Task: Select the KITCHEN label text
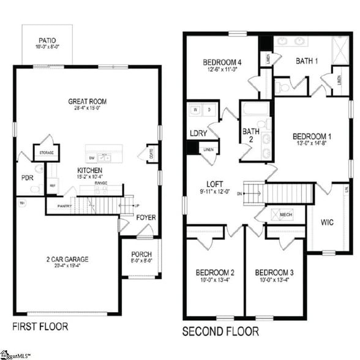[x=89, y=170]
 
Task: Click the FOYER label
[x=146, y=217]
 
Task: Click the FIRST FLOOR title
[x=40, y=326]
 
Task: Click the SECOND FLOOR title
[x=221, y=331]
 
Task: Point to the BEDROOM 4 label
[x=222, y=62]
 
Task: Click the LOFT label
[x=215, y=183]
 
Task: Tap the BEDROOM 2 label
[x=215, y=272]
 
